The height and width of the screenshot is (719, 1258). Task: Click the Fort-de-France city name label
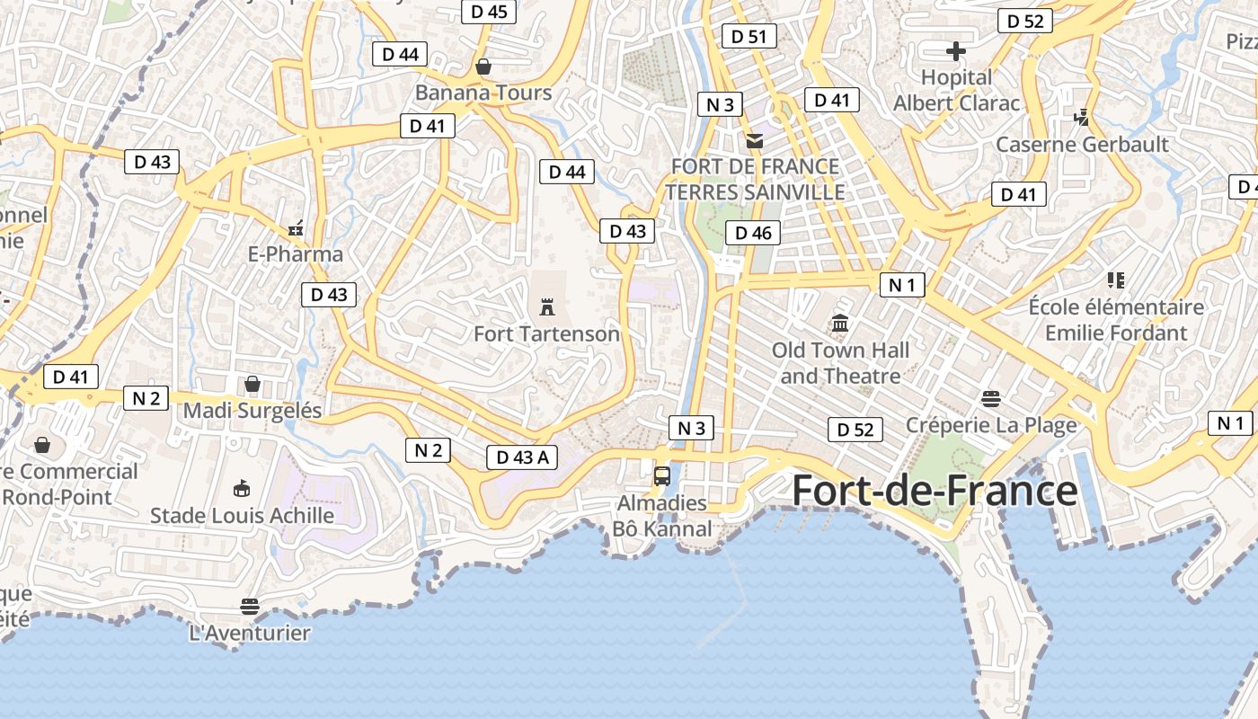(935, 491)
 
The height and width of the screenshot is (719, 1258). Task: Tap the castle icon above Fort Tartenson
(546, 307)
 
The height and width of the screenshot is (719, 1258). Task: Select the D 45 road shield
(489, 12)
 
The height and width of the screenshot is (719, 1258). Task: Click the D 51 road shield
(749, 36)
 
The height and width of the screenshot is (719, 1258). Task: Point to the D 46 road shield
(753, 233)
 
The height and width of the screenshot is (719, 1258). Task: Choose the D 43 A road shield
(522, 457)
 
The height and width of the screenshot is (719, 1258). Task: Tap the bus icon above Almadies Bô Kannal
(662, 476)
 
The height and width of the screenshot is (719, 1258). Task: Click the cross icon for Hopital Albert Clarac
(956, 50)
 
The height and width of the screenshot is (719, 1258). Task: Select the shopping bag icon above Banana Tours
(483, 67)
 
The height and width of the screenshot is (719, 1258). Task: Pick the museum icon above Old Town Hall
(840, 323)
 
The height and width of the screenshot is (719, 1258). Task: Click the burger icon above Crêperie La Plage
(991, 398)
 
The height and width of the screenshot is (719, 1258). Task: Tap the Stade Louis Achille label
(242, 516)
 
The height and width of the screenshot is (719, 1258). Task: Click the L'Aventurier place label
(250, 633)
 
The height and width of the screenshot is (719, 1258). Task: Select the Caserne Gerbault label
(1082, 144)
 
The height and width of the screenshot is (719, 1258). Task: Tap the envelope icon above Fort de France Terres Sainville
(755, 140)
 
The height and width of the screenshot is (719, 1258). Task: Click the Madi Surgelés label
(252, 411)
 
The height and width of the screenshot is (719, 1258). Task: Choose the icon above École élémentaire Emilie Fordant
(1116, 280)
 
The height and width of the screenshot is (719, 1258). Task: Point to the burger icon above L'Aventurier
(250, 607)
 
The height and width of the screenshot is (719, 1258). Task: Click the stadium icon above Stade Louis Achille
(241, 489)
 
